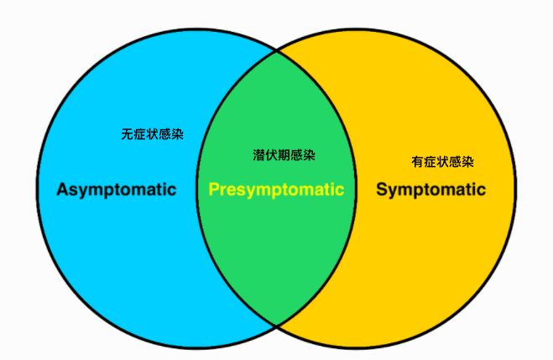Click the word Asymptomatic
[116, 190]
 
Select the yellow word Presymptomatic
[276, 190]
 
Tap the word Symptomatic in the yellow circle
[430, 190]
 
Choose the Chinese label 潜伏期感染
[284, 155]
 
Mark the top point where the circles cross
[277, 50]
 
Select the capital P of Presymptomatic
[214, 189]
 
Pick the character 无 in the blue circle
[127, 134]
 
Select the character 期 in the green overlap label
[284, 155]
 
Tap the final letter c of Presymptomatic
[340, 190]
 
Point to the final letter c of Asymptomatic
[172, 190]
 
